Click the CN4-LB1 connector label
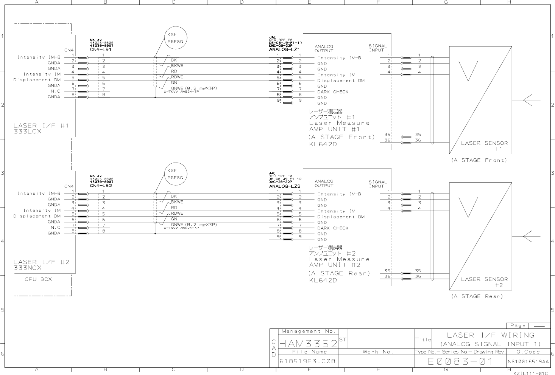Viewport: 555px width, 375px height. click(100, 50)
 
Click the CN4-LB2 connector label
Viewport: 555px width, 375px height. click(101, 186)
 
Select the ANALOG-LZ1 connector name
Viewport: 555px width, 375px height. click(284, 50)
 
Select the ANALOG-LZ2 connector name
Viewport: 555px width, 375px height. click(284, 186)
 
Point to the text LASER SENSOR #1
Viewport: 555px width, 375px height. click(484, 146)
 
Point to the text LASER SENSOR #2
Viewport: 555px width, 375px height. click(484, 282)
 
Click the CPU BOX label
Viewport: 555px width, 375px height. click(38, 279)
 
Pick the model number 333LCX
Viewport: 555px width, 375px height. click(27, 132)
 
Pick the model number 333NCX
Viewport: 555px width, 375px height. click(28, 268)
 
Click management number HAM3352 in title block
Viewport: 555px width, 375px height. click(308, 344)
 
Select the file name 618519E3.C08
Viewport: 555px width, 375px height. click(307, 361)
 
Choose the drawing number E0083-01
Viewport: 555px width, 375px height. click(460, 361)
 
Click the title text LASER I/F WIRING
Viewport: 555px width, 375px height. click(491, 335)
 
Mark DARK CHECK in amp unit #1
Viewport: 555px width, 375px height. click(333, 92)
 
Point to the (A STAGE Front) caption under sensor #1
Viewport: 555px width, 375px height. click(479, 160)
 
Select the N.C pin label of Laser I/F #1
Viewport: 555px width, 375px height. click(55, 91)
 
